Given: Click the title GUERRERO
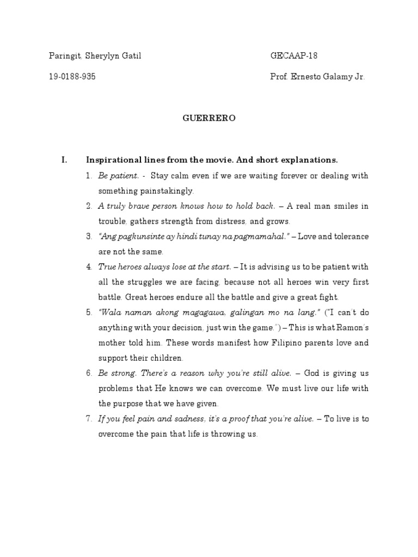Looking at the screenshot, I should [208, 118].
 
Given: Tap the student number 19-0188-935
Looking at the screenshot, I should [72, 77].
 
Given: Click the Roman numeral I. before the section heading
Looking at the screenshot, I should [64, 160].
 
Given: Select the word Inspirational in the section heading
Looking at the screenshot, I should [111, 160].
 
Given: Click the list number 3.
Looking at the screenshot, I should [89, 237].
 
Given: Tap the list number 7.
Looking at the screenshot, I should [89, 419].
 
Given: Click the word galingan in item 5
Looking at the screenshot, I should [229, 313].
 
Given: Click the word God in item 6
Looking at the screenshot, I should [312, 374].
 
